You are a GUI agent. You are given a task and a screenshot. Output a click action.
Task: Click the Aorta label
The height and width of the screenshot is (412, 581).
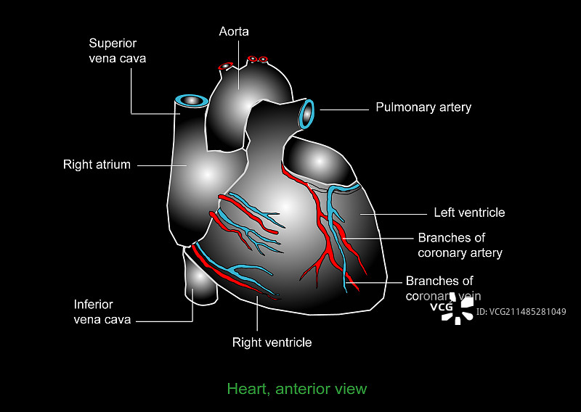[234, 32]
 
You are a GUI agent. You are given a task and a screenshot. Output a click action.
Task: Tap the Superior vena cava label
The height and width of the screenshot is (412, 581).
[117, 50]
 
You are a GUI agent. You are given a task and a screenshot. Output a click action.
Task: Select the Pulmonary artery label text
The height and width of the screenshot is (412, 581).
[423, 107]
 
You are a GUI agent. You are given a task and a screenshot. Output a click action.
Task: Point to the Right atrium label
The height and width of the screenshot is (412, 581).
[97, 165]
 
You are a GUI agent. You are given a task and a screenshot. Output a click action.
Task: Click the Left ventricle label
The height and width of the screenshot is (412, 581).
[469, 213]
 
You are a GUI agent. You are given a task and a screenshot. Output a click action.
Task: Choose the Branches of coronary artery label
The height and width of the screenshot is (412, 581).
[460, 245]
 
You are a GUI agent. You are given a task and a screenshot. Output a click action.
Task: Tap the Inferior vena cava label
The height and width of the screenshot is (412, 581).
[102, 312]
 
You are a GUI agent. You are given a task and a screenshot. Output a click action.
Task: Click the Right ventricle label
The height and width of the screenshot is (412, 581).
[272, 342]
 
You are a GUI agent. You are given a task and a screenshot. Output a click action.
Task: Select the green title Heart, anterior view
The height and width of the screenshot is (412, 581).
[297, 389]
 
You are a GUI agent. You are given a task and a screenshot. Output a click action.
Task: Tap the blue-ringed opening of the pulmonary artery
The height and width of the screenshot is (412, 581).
[307, 114]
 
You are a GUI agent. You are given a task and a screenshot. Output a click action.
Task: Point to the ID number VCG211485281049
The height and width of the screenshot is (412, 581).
[521, 312]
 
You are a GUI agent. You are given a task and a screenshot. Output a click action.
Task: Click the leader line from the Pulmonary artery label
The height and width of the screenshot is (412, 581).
[344, 110]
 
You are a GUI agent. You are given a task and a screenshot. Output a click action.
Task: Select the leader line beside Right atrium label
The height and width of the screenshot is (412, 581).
[155, 165]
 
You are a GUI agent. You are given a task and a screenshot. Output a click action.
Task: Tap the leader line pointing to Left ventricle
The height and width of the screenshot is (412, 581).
[393, 213]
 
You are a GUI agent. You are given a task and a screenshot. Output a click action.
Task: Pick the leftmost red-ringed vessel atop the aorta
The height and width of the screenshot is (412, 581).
[226, 65]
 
